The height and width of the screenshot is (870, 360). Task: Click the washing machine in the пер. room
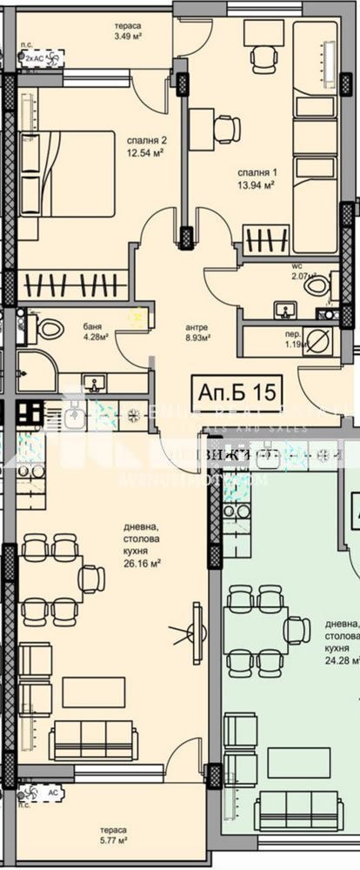318,341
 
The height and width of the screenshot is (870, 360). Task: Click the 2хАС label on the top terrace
36,57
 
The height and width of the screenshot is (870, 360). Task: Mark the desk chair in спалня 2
226,129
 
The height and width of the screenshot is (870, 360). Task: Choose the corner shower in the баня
35,371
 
